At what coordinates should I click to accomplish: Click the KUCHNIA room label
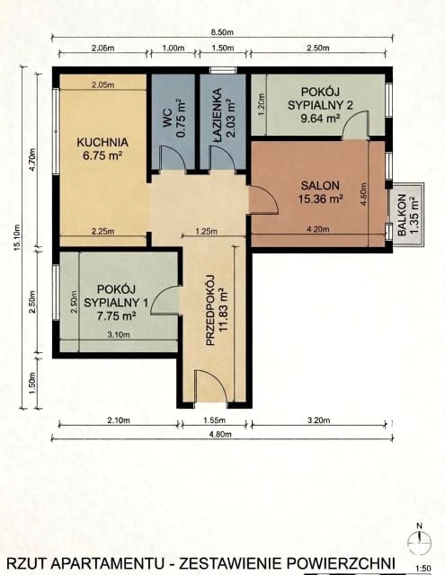coord(102,142)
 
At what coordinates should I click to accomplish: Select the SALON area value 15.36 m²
coord(321,199)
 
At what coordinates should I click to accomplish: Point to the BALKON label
coord(402,215)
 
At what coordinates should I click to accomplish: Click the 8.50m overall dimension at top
coord(222,32)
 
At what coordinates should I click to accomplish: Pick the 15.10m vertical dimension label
coord(17,237)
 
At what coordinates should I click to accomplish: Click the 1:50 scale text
coord(423,569)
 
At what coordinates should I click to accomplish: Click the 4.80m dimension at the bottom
coord(220,434)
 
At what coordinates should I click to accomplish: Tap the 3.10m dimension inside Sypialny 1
coord(119,335)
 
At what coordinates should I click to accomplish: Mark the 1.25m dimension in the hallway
coord(206,232)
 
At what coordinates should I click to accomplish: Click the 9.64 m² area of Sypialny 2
coord(320,119)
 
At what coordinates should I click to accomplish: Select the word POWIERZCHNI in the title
coord(339,563)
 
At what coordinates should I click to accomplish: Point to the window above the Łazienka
coord(223,70)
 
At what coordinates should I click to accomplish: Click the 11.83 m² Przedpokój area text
coord(223,310)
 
